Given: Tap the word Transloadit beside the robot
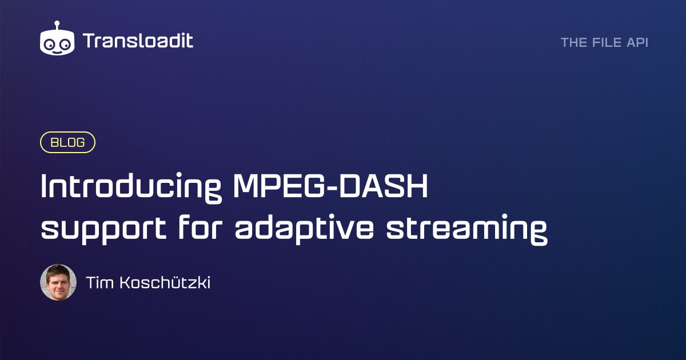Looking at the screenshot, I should pos(138,41).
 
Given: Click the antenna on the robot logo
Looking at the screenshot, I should pos(57,25).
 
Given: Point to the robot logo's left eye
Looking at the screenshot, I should pos(50,42).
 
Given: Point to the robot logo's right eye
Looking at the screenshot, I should pos(65,42).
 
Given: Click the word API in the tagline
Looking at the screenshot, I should pos(637,42).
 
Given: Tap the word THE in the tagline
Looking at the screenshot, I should pos(573,42).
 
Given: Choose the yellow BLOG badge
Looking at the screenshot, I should pos(67,143).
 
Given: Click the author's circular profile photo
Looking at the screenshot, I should pos(58,282).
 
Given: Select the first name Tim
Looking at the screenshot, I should pos(98,282).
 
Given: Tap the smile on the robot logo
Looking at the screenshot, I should pos(57,49).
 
